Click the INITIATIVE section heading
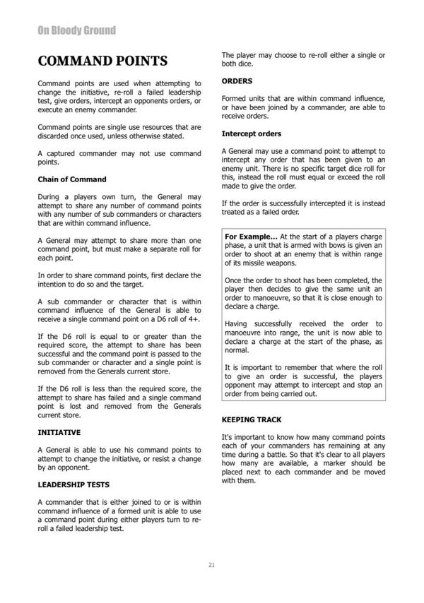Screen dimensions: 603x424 (x=59, y=431)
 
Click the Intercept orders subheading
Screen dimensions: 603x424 (x=251, y=133)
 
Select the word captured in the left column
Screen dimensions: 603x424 (x=58, y=153)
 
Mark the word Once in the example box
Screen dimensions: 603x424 (x=233, y=280)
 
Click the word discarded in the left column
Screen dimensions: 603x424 (x=55, y=136)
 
